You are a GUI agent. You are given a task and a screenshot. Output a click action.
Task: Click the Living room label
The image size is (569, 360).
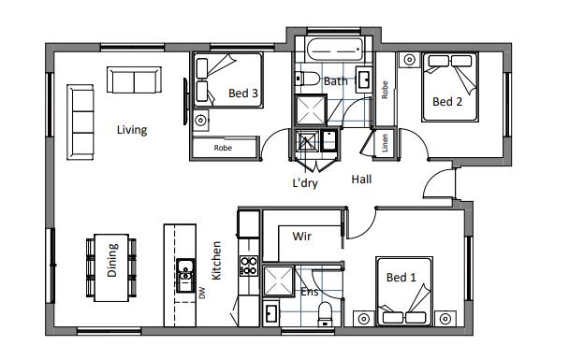coord(132,130)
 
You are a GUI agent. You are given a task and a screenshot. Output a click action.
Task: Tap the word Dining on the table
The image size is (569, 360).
coord(112,260)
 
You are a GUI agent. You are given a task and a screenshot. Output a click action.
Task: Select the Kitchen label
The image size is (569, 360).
coord(216,260)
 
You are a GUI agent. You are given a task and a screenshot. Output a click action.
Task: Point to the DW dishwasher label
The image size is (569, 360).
coord(202,293)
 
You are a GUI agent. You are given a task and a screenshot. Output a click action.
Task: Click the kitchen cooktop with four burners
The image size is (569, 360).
coord(249,266)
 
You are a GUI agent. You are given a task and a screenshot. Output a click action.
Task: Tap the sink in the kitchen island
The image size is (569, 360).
coord(185,275)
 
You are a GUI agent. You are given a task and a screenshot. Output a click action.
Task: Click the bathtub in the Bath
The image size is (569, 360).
coord(334,50)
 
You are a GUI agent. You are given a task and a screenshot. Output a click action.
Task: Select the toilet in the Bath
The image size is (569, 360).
coord(307,79)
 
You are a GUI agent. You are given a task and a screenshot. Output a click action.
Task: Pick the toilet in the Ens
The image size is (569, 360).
coord(325,314)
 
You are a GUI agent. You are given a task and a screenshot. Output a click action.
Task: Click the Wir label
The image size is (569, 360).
coord(302,237)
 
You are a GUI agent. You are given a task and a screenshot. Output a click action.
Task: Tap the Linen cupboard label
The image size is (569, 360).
coord(385,143)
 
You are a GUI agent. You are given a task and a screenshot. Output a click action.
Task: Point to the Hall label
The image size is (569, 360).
coord(361,180)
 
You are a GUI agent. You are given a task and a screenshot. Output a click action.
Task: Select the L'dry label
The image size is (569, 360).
coord(305,183)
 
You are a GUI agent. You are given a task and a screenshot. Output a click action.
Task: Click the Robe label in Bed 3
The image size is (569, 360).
coord(223,148)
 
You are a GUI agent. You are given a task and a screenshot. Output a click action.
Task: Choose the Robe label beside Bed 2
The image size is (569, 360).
coord(385,90)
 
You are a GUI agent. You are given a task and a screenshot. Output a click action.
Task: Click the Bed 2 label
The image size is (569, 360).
coord(447,102)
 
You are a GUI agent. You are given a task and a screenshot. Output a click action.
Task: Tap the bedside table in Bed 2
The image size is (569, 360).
coord(410,59)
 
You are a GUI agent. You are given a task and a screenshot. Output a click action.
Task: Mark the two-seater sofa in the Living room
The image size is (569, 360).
coord(134,79)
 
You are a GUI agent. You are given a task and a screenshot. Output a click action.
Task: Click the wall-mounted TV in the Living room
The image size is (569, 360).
coord(185,102)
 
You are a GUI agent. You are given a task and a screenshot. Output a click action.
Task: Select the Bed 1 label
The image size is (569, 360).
coord(401,278)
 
